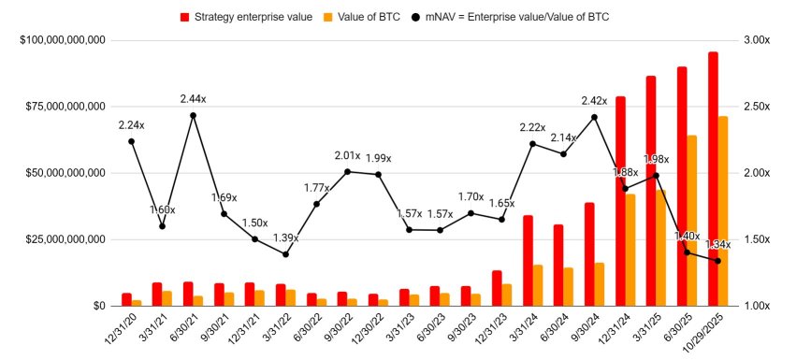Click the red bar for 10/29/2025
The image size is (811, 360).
coord(713,179)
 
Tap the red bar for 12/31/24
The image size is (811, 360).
coord(620,201)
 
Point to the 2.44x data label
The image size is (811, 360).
coord(193,98)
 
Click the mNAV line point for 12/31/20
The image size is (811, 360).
coord(131,141)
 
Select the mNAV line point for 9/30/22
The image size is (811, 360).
coord(347,171)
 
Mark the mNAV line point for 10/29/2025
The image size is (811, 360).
coord(718,261)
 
